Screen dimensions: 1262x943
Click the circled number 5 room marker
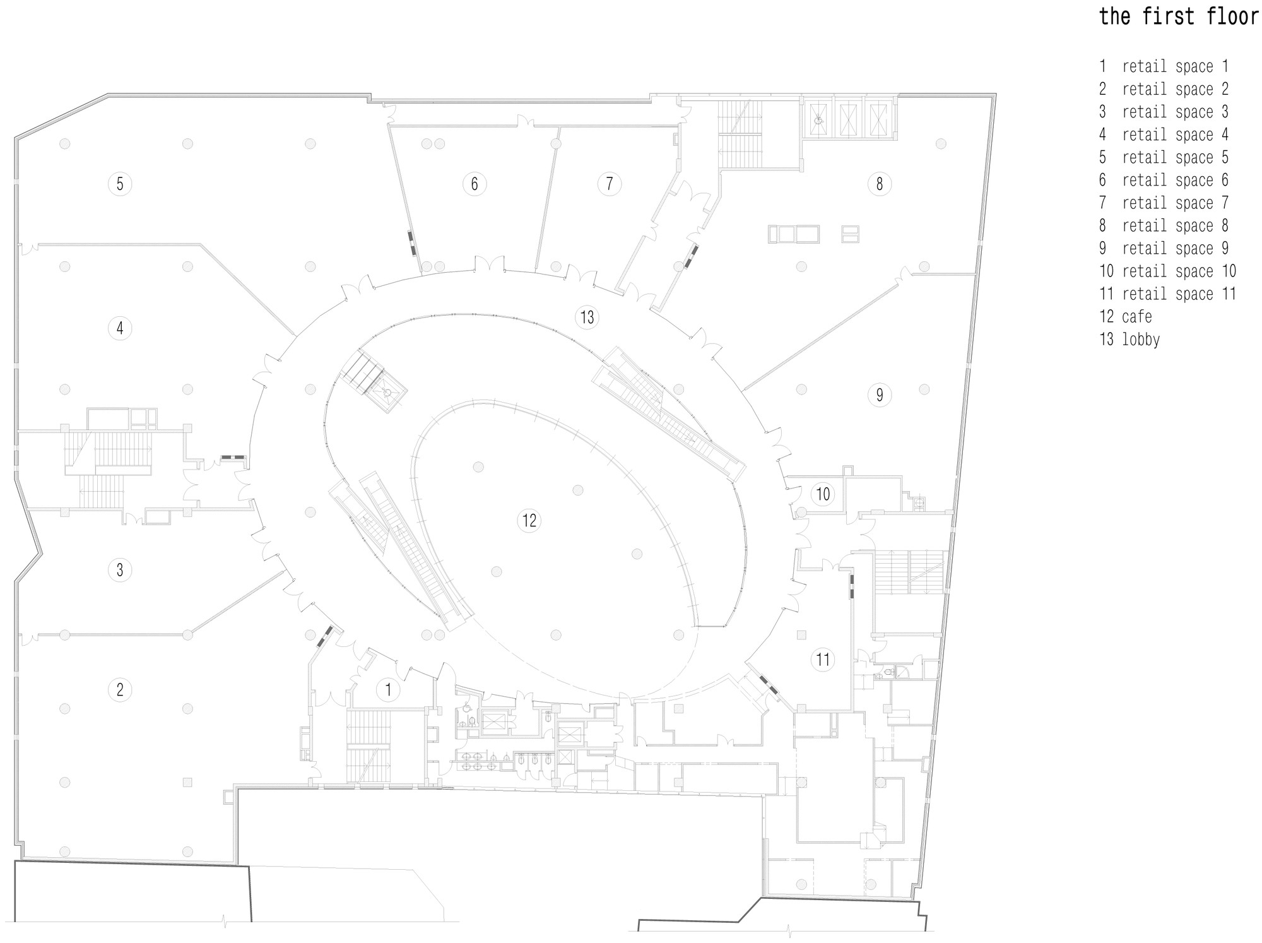[x=120, y=184]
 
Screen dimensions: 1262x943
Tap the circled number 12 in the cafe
[x=529, y=520]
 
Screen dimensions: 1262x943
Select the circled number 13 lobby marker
[x=587, y=317]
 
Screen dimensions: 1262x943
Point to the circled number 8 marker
[x=879, y=184]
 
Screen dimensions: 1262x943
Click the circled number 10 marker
[x=823, y=494]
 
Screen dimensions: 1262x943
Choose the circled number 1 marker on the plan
[x=388, y=690]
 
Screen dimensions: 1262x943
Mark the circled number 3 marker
[x=120, y=570]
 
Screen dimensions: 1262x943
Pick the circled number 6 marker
[x=475, y=184]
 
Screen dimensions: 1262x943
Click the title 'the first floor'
[x=1178, y=16]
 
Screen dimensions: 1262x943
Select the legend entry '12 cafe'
[x=1126, y=316]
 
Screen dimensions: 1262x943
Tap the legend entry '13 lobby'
[x=1129, y=339]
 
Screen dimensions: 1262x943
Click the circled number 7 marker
[x=609, y=184]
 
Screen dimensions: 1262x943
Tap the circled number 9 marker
[x=879, y=395]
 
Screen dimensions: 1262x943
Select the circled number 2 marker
[x=120, y=689]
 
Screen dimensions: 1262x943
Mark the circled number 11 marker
[x=823, y=660]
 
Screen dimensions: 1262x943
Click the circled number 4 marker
[x=120, y=328]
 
